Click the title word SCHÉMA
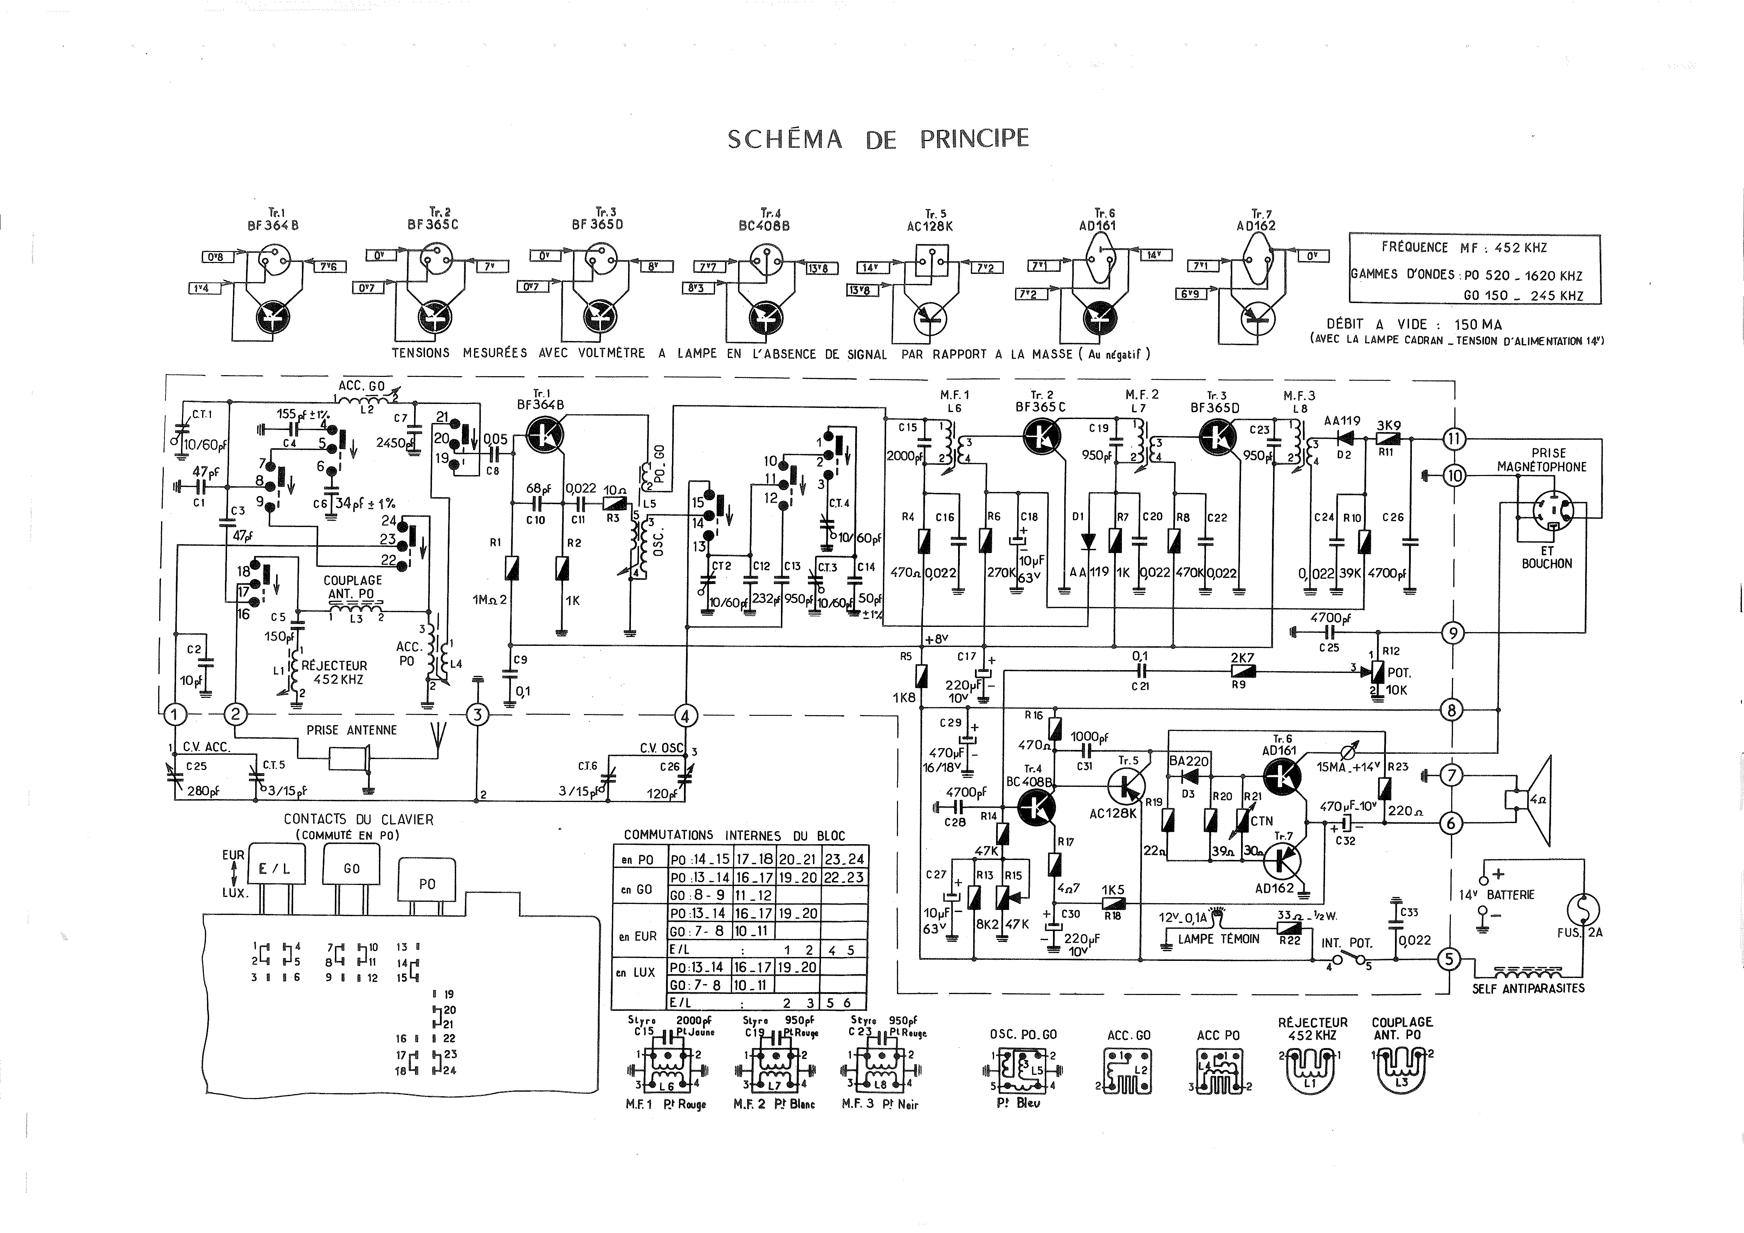click(x=784, y=139)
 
